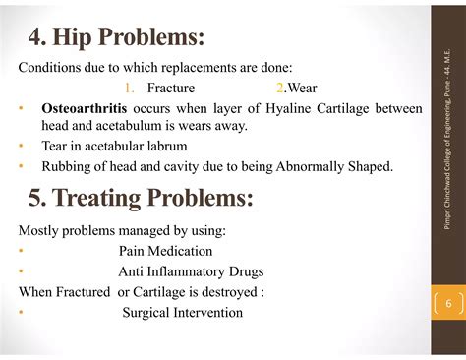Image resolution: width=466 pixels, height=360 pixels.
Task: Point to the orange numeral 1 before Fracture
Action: click(129, 88)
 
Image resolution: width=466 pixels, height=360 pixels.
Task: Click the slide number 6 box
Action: click(447, 304)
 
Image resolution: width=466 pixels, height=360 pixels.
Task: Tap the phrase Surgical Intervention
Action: click(182, 313)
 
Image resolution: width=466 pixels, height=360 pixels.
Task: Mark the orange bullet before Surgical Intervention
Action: click(22, 313)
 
